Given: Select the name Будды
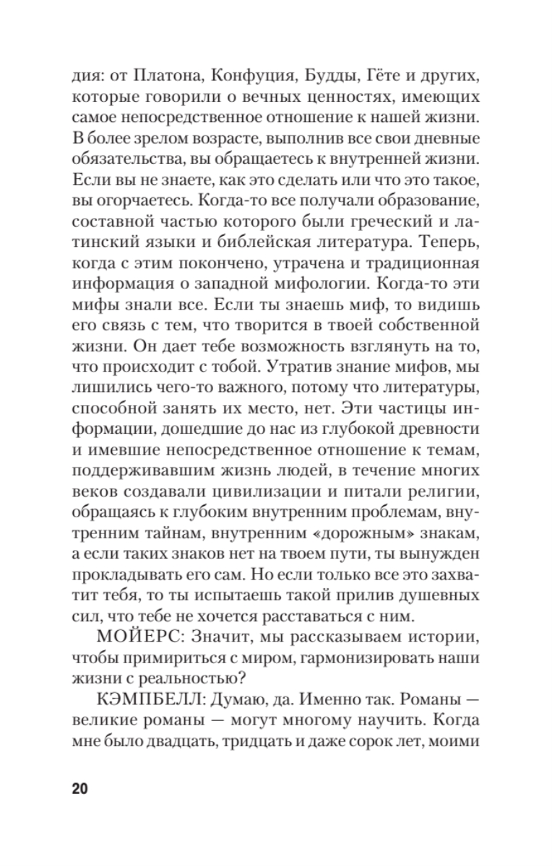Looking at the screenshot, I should pos(312,76).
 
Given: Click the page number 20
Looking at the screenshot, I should pos(80,787).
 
